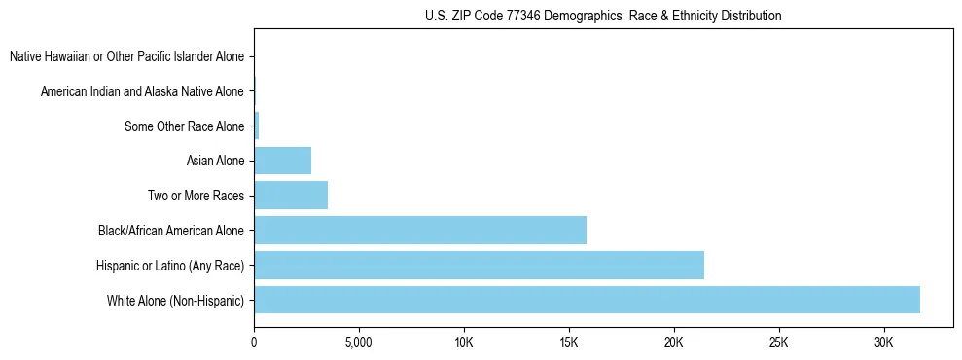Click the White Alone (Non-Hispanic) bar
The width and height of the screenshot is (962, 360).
[587, 300]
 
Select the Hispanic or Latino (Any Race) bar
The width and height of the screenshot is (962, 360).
[479, 265]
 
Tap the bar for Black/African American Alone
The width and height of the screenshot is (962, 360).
[420, 230]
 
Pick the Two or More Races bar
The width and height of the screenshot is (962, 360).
[291, 195]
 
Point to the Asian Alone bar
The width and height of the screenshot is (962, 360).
[282, 161]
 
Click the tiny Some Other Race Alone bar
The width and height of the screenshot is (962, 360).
[257, 126]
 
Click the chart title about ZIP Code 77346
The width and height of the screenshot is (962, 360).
[603, 16]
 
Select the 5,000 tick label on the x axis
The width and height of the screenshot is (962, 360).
[359, 343]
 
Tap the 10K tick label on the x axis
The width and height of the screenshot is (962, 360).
[464, 343]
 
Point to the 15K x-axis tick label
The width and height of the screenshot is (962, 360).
[569, 343]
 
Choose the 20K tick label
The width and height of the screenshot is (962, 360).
[674, 343]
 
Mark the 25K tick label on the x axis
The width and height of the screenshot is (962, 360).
[779, 343]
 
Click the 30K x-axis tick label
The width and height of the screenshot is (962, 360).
[884, 343]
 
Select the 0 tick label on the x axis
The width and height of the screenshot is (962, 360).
[254, 343]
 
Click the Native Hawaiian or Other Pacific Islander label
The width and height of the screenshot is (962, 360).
[126, 56]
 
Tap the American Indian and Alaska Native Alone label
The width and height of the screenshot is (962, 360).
[142, 91]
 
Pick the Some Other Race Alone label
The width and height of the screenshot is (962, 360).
[185, 126]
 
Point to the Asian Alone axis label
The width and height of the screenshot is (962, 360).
[215, 161]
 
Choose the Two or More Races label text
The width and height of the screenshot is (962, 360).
[196, 196]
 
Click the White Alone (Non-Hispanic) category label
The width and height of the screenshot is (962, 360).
[175, 301]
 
